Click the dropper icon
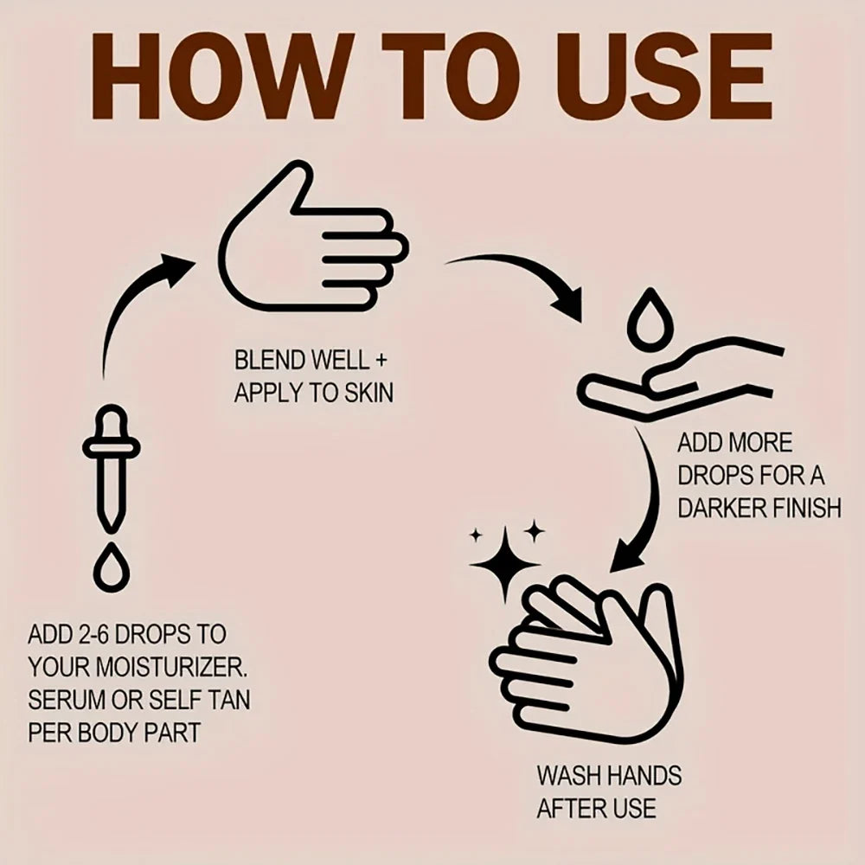(x=111, y=469)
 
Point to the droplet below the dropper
(x=111, y=568)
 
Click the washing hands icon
(x=587, y=659)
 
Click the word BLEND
(x=270, y=361)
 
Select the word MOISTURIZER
(x=170, y=668)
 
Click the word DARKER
(x=721, y=508)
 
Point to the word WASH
(x=569, y=776)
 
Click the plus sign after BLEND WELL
(x=380, y=362)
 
